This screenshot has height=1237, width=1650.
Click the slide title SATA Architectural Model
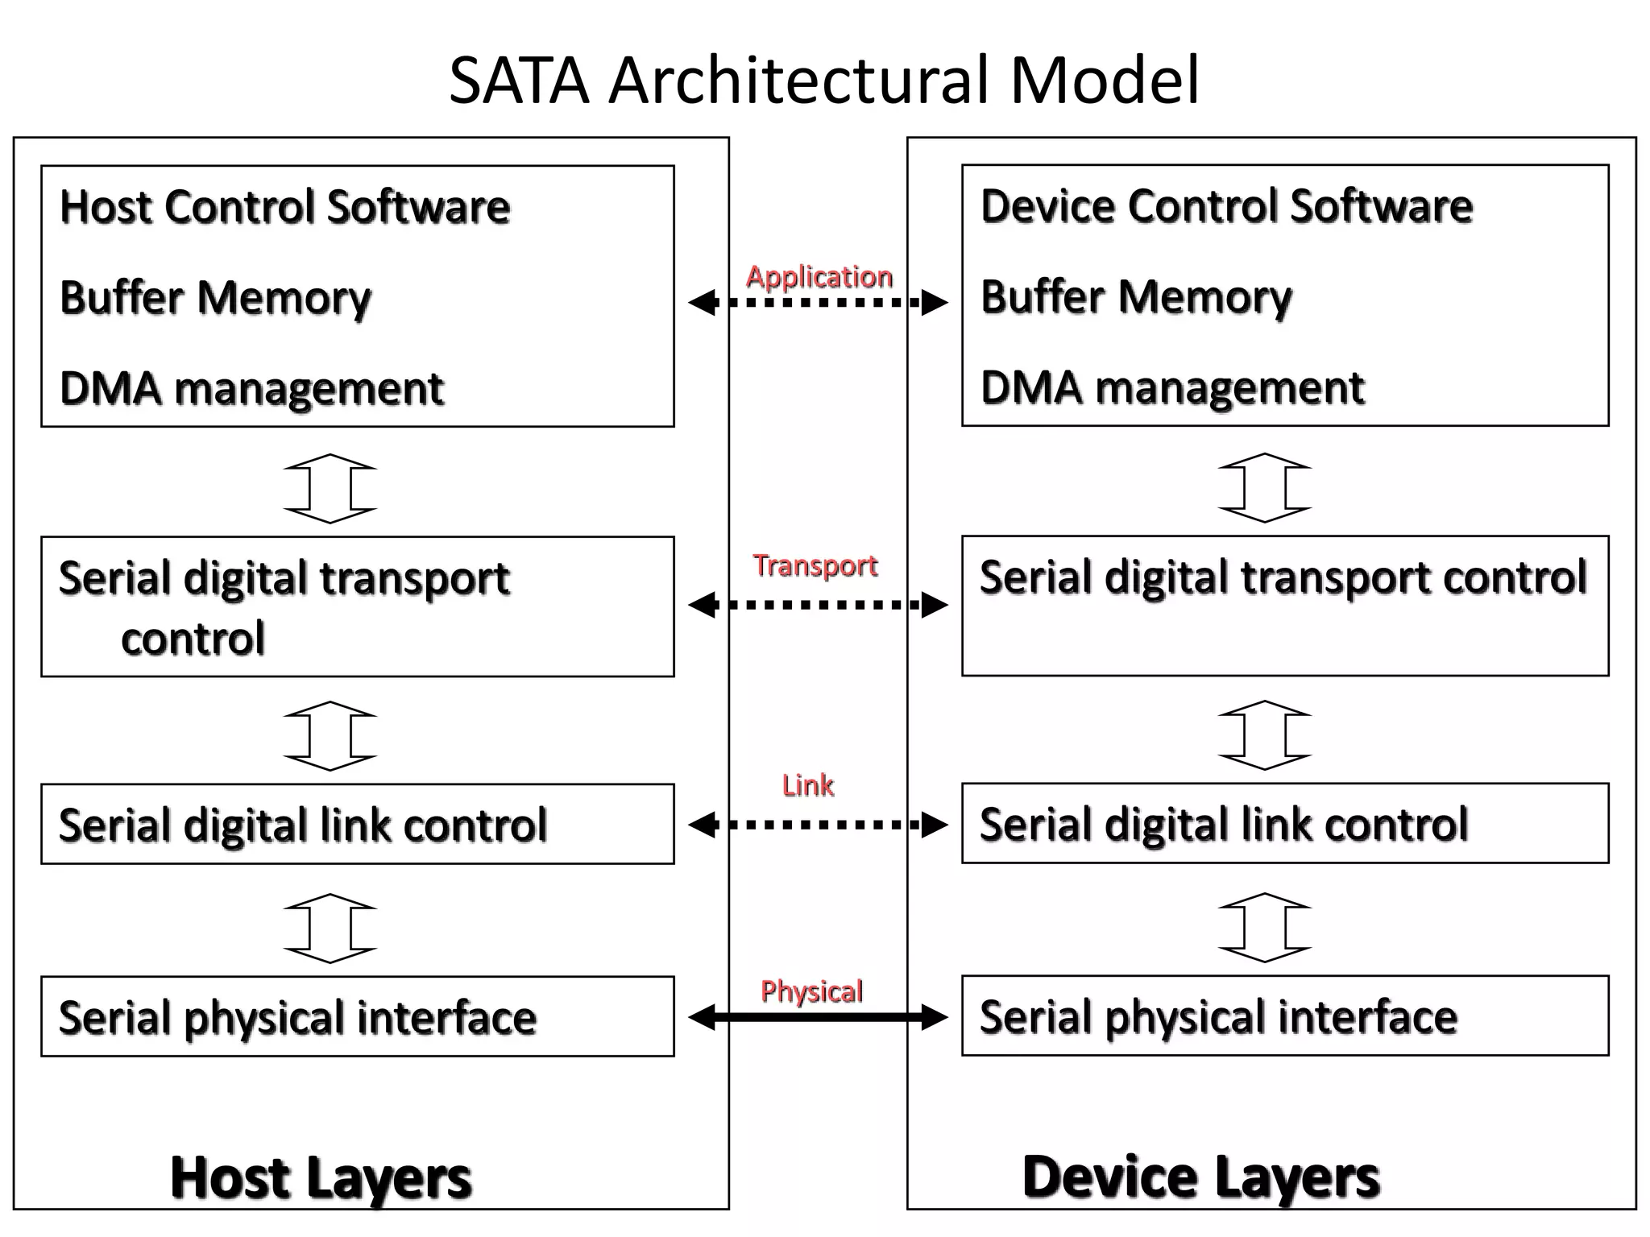(x=824, y=80)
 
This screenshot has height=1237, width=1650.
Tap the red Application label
(x=819, y=277)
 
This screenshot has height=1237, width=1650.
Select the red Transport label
(x=815, y=565)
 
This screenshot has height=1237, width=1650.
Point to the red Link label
(x=807, y=785)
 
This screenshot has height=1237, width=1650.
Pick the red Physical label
(x=811, y=991)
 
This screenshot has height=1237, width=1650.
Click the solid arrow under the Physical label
(x=818, y=1017)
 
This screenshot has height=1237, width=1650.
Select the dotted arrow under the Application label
(x=818, y=303)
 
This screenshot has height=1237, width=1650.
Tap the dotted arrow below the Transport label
(x=818, y=605)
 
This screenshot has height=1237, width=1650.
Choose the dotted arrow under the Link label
(x=818, y=825)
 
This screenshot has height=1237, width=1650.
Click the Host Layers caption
(x=321, y=1178)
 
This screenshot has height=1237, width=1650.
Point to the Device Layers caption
(x=1200, y=1177)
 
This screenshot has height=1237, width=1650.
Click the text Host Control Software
(x=284, y=207)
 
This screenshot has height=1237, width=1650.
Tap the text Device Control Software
(x=1226, y=206)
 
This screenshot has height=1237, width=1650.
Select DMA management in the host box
(x=251, y=389)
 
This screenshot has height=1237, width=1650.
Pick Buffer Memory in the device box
(x=1136, y=297)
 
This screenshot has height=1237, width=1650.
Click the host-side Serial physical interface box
(x=357, y=1017)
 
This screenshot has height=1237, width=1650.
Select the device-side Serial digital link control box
(x=1284, y=824)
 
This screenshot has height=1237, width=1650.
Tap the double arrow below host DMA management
(x=330, y=489)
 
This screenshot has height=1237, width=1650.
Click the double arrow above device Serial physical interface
(x=1264, y=928)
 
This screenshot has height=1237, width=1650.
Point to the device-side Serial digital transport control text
(x=1283, y=577)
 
